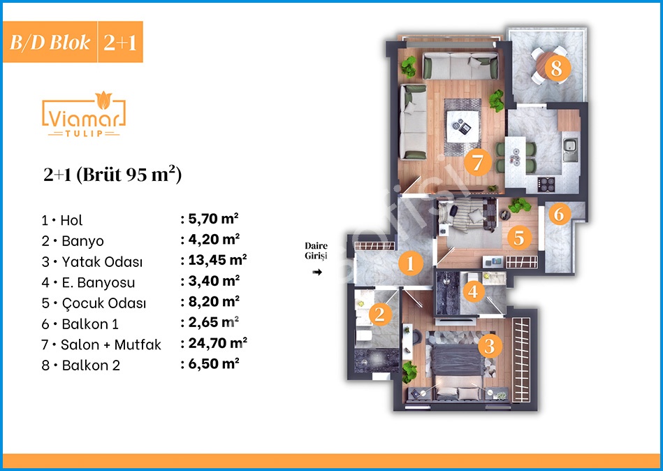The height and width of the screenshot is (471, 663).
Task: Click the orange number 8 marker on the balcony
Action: point(556,68)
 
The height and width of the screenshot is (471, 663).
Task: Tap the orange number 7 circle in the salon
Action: point(477,163)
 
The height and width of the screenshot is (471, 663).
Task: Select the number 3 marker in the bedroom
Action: point(490,346)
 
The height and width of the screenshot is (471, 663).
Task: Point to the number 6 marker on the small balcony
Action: point(560,214)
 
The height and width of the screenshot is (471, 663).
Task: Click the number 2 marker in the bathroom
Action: point(379,314)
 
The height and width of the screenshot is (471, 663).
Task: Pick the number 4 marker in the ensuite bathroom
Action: point(474,291)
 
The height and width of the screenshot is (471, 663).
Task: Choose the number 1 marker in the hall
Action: point(410,263)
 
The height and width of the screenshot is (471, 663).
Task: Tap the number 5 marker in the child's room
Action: point(519,238)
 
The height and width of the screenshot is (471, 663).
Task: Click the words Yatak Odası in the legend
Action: point(102,262)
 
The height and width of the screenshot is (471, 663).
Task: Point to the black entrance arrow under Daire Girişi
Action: point(317,273)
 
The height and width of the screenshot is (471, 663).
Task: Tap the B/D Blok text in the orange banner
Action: point(50,43)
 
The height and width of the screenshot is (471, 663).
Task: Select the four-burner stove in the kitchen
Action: point(546,184)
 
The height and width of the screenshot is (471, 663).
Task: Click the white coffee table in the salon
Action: point(462,126)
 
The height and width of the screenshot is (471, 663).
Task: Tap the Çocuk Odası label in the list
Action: point(104,303)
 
